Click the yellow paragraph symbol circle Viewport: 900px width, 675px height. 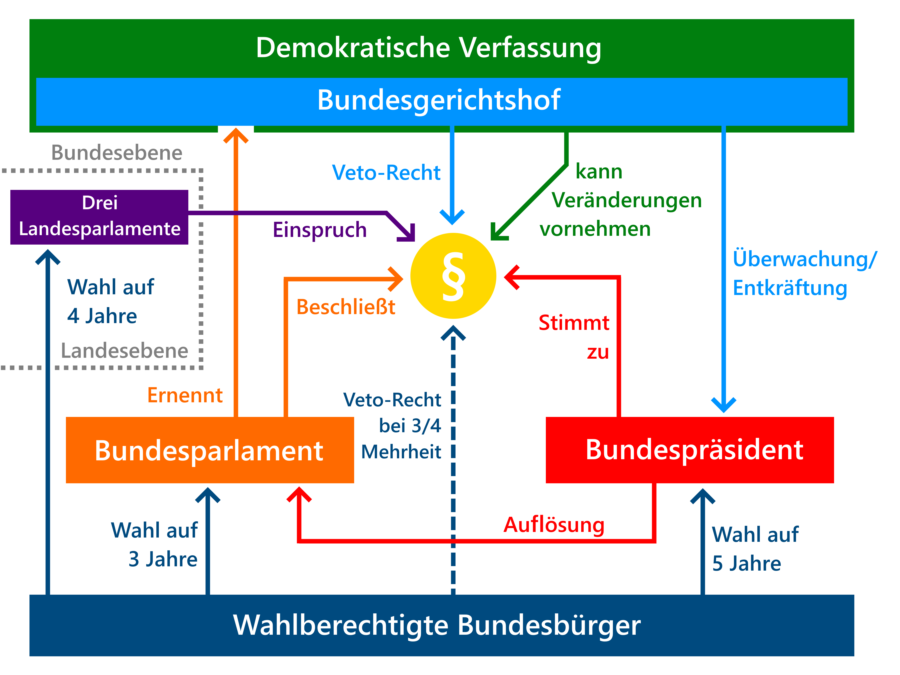453,276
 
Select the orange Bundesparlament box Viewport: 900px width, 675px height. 210,450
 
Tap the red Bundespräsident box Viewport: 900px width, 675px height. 690,450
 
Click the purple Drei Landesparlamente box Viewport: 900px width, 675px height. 99,217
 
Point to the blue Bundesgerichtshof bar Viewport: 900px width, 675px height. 442,102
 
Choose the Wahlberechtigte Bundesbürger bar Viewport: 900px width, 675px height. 442,625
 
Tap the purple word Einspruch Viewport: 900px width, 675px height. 320,230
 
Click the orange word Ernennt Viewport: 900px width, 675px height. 185,395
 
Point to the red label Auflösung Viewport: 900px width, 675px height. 554,525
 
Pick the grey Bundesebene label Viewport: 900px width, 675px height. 117,153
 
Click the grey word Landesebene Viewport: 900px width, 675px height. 124,351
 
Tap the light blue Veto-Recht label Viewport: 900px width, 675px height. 386,173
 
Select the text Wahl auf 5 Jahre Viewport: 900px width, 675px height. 755,549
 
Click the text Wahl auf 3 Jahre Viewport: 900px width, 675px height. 155,544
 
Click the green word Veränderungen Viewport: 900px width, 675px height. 627,201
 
